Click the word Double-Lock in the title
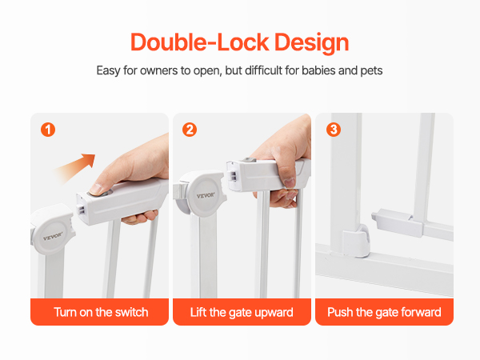coord(200,42)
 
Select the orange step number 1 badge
coord(48,130)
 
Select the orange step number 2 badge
coord(190,130)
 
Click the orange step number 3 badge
coord(334,130)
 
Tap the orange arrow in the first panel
coord(74,167)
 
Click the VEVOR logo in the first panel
coord(53,236)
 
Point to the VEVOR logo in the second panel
coord(206,195)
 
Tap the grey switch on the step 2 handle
coord(249,160)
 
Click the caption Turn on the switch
coord(101,312)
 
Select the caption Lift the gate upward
coord(242,312)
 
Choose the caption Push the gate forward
coord(384,312)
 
